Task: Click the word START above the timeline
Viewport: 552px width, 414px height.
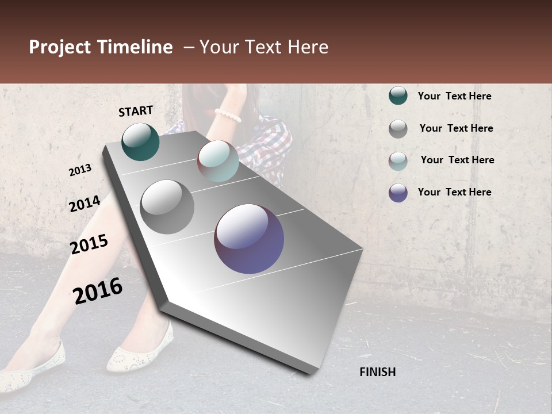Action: click(x=136, y=111)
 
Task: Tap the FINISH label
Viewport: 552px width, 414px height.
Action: click(x=378, y=372)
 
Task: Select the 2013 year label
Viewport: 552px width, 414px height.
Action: click(x=80, y=170)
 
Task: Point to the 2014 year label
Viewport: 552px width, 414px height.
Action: click(x=85, y=204)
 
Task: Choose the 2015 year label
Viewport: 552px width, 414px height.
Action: click(x=89, y=244)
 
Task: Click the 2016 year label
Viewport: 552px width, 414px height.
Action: click(x=98, y=291)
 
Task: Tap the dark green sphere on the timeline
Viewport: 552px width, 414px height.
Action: click(x=141, y=142)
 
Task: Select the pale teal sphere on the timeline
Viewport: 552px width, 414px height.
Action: click(x=218, y=160)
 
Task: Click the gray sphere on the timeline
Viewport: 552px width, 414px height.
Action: click(x=167, y=207)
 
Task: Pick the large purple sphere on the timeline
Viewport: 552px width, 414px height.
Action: click(x=249, y=239)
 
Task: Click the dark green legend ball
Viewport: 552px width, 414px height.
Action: click(x=398, y=96)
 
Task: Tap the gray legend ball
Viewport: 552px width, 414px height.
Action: click(x=398, y=129)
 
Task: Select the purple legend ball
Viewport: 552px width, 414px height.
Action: click(x=398, y=193)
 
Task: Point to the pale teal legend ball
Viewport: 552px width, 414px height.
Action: click(x=398, y=161)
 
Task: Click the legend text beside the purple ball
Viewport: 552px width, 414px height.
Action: click(x=454, y=192)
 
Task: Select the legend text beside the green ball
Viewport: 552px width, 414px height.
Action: click(x=454, y=96)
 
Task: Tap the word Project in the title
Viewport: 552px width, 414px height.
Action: click(x=60, y=47)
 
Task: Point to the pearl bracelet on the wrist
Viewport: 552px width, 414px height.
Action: click(x=228, y=115)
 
